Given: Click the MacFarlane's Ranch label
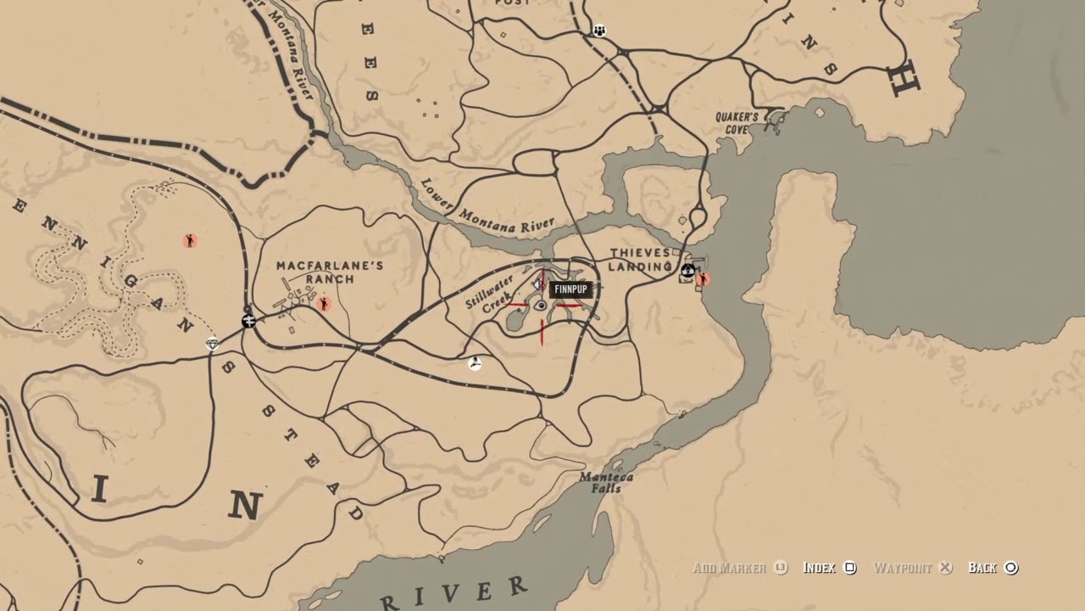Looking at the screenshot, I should coord(330,272).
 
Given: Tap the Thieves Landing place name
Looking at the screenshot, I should coord(640,260).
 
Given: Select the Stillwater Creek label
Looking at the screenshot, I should coord(489,294).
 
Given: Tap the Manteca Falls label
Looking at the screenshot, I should coord(606,482).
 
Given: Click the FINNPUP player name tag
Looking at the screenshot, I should coord(570,289).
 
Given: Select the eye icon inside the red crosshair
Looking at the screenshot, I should coord(541,305).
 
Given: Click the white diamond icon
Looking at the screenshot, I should coord(213,344).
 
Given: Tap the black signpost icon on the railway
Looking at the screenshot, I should coord(248,321).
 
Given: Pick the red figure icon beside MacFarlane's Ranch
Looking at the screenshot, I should coord(323,304).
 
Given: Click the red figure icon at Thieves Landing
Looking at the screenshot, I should coord(703,278).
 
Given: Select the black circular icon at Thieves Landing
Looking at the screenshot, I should coord(688,271).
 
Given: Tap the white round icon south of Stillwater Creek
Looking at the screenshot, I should coord(476,363).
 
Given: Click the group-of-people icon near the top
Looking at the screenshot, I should coord(599,31).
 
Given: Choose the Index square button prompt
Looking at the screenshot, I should coord(850,568).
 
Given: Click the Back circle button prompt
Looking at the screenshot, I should coord(1010,568).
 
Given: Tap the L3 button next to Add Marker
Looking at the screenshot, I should coord(781,568).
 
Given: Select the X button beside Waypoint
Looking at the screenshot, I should coord(946,568).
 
